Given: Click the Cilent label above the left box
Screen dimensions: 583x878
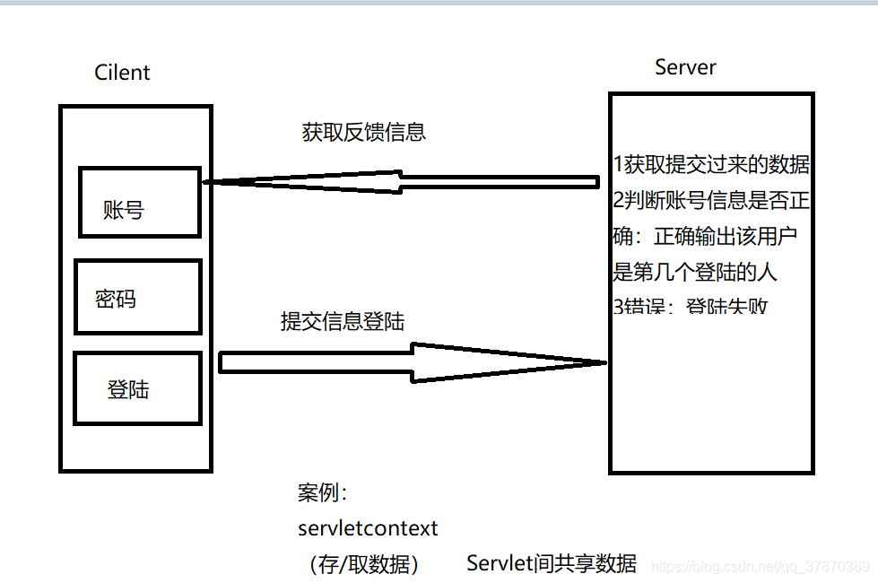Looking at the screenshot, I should tap(122, 73).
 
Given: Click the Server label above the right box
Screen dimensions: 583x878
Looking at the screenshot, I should tap(685, 67).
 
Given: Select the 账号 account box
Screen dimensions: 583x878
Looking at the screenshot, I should tap(139, 202).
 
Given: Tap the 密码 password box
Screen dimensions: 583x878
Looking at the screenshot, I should tap(138, 297).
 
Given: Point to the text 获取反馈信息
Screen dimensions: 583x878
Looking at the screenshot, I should tap(363, 132).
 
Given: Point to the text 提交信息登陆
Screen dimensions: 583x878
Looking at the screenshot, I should tap(343, 321).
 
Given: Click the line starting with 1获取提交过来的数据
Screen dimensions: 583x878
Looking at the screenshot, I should tap(711, 164).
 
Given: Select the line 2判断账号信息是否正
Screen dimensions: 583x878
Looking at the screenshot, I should tap(711, 199).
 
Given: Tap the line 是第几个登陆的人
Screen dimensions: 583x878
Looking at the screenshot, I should tap(694, 271).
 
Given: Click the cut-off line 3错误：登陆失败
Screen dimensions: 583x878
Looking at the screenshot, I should tap(691, 307).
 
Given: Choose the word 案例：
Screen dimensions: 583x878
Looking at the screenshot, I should tap(322, 493).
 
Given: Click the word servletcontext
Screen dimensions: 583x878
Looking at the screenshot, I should tap(368, 528).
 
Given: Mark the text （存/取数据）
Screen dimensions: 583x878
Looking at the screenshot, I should tap(362, 564).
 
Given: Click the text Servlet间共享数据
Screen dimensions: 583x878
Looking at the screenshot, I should tap(552, 563).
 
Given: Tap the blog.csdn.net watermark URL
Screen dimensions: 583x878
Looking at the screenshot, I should tap(760, 567).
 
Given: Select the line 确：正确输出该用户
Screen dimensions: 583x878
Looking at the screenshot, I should tap(705, 236).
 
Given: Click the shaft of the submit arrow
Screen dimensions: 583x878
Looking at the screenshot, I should tap(314, 362).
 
